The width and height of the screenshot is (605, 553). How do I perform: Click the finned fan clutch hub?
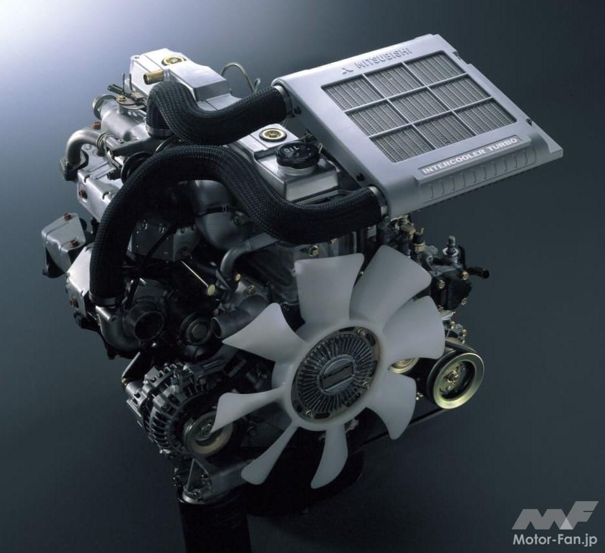[x=335, y=373]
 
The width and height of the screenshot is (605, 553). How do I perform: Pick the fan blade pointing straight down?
[x=327, y=454]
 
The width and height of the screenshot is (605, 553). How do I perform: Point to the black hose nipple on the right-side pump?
[x=480, y=271]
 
